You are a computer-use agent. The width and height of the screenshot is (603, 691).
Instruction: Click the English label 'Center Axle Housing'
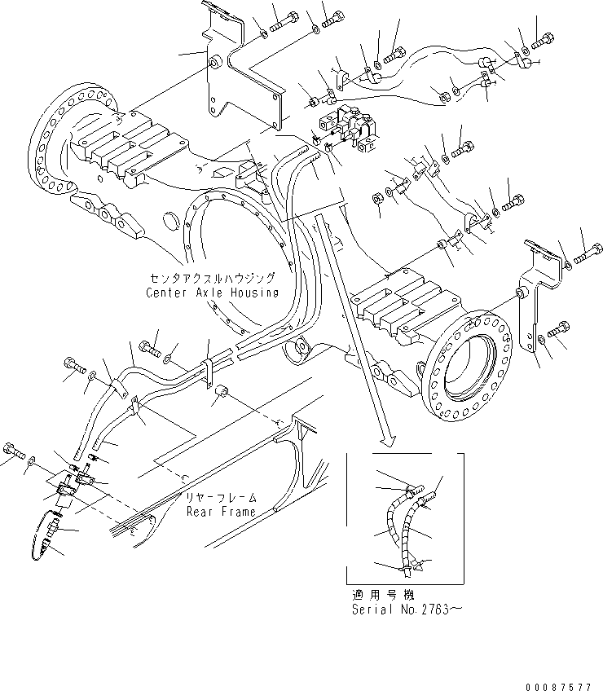pyautogui.click(x=212, y=293)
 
